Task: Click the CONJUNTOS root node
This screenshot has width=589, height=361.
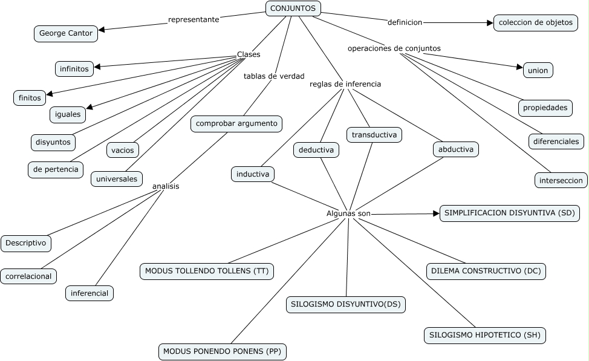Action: pos(293,8)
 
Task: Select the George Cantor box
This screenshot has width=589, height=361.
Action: pos(66,33)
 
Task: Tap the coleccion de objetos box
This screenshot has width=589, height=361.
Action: pos(535,22)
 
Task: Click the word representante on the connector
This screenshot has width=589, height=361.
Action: pos(194,19)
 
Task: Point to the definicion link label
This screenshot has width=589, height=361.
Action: pos(405,22)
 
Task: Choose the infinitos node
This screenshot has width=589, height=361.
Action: pos(74,68)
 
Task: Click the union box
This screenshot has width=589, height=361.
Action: pos(538,70)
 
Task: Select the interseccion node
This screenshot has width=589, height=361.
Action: pos(561,180)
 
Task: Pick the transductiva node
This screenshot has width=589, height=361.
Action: pos(374,135)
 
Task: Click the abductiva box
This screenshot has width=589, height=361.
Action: pos(456,149)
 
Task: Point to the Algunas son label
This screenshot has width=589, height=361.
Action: pos(348,213)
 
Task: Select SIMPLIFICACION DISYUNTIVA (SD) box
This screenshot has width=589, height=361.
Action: pos(509,213)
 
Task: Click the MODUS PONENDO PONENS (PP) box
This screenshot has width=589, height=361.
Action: pos(223,351)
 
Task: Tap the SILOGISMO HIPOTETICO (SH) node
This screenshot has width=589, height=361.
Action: pos(484,335)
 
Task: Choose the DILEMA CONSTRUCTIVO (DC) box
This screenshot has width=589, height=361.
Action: pos(486,272)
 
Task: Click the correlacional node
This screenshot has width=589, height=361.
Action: pos(28,276)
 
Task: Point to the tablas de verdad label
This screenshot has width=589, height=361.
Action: pos(274,76)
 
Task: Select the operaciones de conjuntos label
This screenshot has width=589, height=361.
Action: pos(394,48)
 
